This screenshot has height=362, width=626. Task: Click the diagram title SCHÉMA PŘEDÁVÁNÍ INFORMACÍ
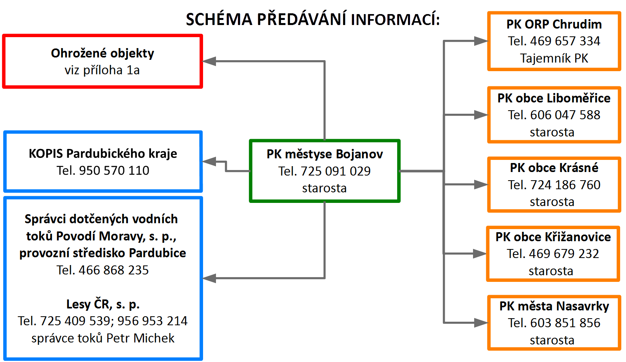(x=313, y=19)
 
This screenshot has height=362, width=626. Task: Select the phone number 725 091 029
(x=336, y=171)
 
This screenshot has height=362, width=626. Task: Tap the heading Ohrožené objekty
(x=102, y=53)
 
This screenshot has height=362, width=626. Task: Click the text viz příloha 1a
(x=102, y=70)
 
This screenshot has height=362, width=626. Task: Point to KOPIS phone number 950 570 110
(x=114, y=170)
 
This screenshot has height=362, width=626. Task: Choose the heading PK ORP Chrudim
(x=554, y=24)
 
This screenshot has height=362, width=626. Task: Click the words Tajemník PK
(x=554, y=58)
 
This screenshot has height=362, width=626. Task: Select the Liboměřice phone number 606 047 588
(x=565, y=115)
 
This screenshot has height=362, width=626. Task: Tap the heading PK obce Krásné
(x=554, y=168)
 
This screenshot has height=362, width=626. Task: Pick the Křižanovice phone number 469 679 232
(x=564, y=254)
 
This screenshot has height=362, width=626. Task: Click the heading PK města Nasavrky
(x=554, y=306)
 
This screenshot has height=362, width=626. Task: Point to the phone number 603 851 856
(x=565, y=323)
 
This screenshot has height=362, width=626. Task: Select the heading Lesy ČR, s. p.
(x=103, y=304)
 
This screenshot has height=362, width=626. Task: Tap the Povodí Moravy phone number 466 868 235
(x=114, y=270)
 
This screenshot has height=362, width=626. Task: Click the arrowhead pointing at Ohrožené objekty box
(x=209, y=61)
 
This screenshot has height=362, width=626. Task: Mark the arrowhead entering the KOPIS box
(x=209, y=161)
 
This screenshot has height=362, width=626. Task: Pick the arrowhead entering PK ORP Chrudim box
(x=481, y=41)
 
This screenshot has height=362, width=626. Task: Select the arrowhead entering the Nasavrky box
(x=481, y=323)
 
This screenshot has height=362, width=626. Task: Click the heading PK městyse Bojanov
(x=324, y=154)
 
